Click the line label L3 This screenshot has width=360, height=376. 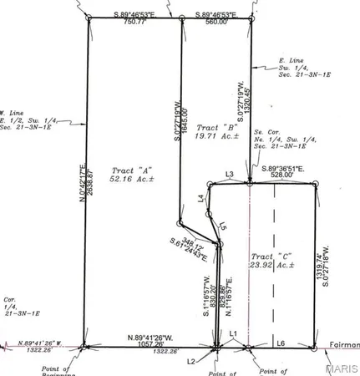pyautogui.click(x=229, y=174)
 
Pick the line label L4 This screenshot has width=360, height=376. pyautogui.click(x=200, y=198)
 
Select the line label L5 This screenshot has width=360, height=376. pyautogui.click(x=223, y=226)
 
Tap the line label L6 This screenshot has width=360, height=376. pyautogui.click(x=281, y=343)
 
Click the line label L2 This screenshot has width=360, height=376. pyautogui.click(x=191, y=360)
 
